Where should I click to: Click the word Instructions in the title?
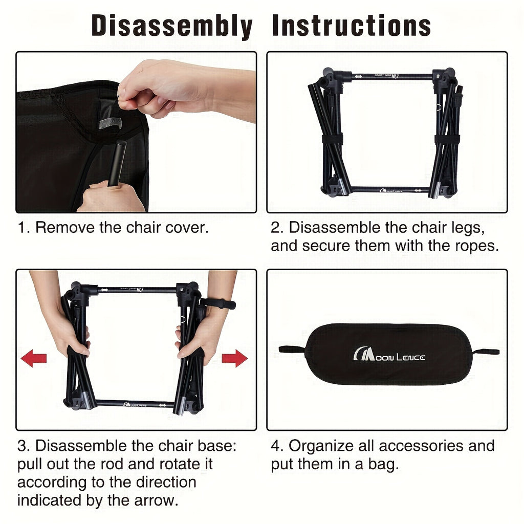(x=352, y=26)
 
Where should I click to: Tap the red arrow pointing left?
(x=33, y=358)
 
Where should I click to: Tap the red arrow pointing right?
(x=234, y=358)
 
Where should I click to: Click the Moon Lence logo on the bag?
(x=389, y=354)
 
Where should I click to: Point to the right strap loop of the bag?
(x=485, y=352)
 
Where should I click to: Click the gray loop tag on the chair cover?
(x=111, y=123)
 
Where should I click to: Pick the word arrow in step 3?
(x=156, y=500)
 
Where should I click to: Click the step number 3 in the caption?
(x=22, y=446)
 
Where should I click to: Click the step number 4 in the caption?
(x=275, y=446)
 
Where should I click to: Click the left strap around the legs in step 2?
(x=333, y=139)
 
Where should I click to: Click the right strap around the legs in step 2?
(x=447, y=139)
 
